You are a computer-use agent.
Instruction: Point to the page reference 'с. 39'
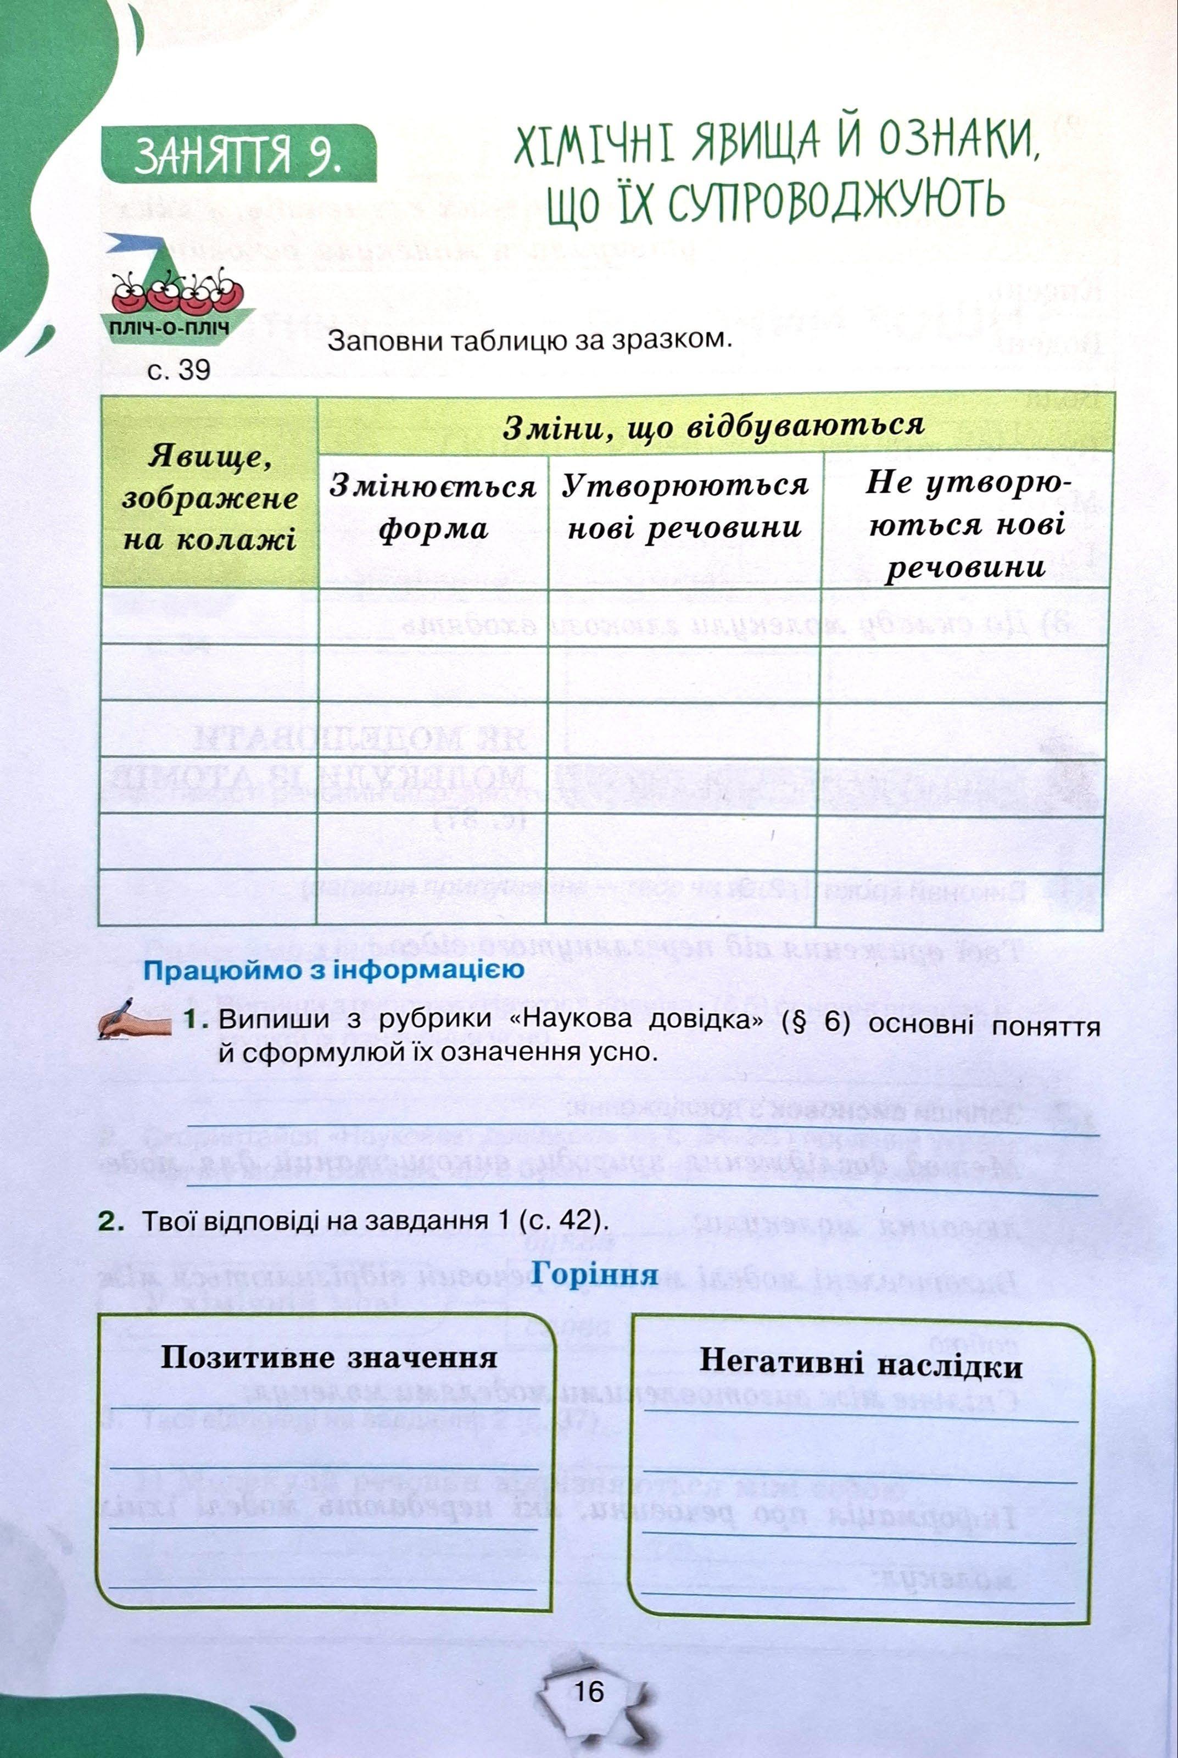[x=179, y=370]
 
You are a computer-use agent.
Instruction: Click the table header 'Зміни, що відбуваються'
[x=713, y=425]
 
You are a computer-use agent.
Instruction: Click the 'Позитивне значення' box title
[x=328, y=1358]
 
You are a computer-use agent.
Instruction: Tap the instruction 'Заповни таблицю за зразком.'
[x=529, y=342]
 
